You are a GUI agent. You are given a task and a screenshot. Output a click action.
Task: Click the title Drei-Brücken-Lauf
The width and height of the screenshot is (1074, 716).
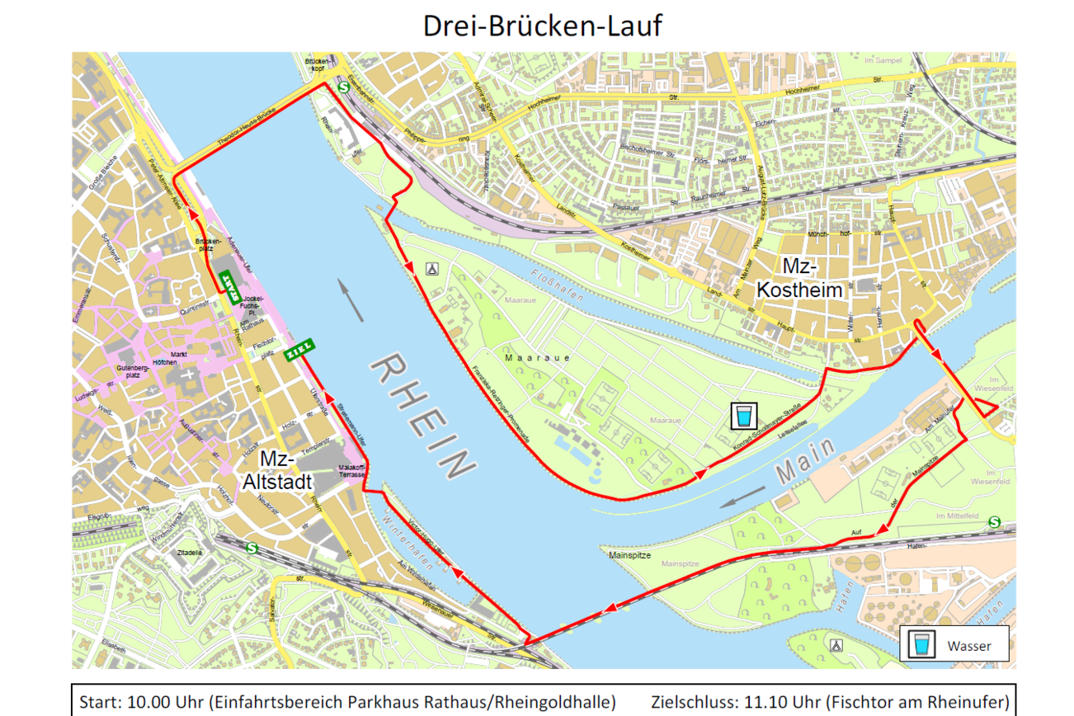point(542,26)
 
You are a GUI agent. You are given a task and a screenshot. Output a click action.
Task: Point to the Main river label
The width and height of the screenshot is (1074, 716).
point(805,460)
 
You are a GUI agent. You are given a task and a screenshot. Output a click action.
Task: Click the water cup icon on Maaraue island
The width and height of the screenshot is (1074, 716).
point(744,416)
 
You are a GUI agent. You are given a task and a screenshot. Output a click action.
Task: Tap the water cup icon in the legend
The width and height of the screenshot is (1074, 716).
point(921,645)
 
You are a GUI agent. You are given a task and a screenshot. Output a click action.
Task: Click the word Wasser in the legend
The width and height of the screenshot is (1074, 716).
point(969,646)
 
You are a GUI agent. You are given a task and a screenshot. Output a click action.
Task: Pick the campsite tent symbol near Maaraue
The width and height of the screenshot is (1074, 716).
point(431,268)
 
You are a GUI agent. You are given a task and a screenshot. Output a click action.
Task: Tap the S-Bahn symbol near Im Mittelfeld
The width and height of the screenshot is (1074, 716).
point(994,522)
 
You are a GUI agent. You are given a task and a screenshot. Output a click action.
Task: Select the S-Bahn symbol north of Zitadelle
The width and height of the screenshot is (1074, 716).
point(251,548)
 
